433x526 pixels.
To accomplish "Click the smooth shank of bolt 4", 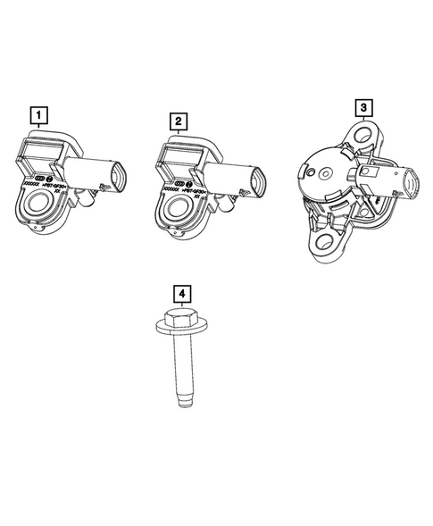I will click(181, 366).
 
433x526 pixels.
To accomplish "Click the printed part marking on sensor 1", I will click(45, 189).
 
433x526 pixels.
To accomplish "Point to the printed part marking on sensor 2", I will click(185, 191).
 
